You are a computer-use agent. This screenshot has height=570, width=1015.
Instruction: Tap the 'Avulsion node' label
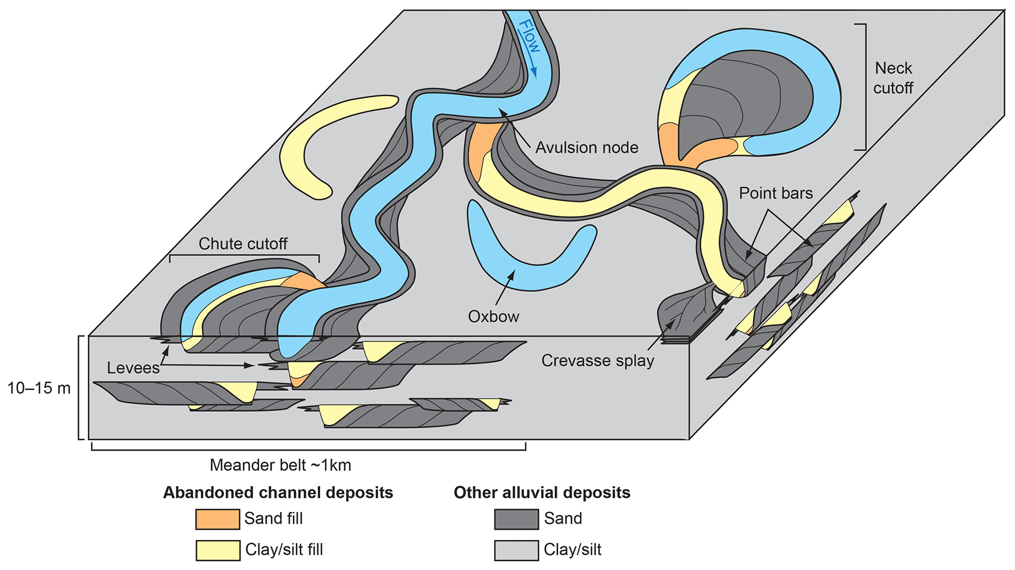(587, 148)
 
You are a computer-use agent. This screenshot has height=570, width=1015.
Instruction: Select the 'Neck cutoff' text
(893, 78)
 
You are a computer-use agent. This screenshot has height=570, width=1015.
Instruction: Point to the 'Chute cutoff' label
(243, 244)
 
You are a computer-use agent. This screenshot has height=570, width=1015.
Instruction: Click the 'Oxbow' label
(494, 317)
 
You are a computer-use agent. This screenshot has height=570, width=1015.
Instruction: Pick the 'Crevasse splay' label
(598, 361)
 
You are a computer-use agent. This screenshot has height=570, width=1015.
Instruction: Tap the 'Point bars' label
(776, 193)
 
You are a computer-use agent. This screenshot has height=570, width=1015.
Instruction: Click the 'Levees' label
(133, 368)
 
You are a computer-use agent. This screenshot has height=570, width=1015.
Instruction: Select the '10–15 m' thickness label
(39, 388)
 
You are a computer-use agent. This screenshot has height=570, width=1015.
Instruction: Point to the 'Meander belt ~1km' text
(280, 465)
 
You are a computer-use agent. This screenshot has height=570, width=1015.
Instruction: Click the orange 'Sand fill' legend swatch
(218, 519)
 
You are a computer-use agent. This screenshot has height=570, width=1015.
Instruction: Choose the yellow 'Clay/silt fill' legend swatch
(218, 550)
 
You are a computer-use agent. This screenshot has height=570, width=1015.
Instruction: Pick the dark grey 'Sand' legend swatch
(516, 519)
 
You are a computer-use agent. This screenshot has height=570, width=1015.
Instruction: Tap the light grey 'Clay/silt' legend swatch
(516, 550)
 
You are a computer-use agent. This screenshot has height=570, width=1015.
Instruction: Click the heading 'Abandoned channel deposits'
(278, 492)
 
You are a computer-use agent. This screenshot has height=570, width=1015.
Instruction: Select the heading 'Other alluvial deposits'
(542, 492)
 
